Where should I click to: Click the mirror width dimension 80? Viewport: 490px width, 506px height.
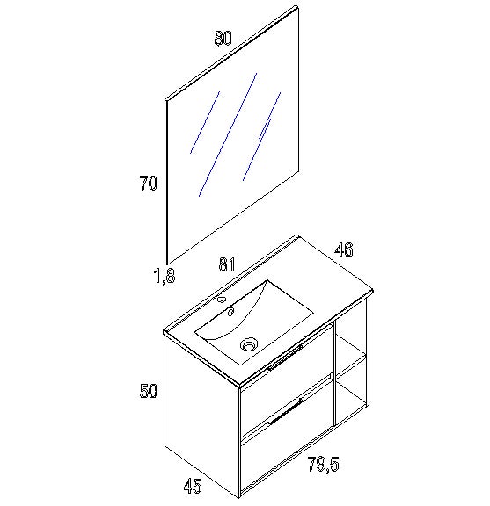223,38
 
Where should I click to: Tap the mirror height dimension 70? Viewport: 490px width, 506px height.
148,183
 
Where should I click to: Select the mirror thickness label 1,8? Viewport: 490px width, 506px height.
165,276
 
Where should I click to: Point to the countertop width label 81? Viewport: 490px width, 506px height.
227,264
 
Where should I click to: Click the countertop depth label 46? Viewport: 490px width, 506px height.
344,249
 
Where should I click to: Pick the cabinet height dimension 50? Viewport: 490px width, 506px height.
148,391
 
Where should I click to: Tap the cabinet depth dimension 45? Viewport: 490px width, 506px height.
193,486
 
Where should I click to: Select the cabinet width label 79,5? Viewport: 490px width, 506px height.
323,465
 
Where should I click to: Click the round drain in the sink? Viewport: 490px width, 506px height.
249,344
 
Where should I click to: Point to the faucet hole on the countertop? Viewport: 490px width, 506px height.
222,300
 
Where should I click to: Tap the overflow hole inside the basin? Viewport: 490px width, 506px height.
230,312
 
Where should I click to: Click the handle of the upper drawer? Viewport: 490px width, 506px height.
285,358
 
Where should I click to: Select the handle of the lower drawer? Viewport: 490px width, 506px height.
285,411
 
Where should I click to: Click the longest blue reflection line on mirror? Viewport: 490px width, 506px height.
228,134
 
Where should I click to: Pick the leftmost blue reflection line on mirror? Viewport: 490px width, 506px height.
205,122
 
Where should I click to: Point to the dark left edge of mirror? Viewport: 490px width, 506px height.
167,182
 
